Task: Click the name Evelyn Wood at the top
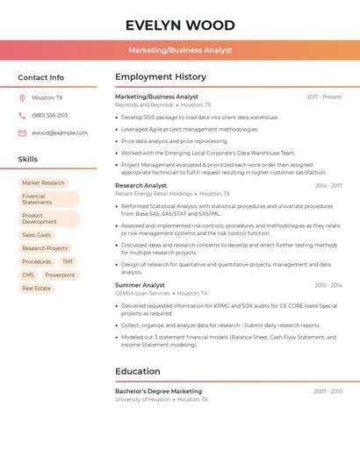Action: pos(180,25)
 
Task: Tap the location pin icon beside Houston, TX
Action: pos(22,97)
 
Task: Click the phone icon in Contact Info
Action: pos(22,115)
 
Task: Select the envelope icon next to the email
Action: pos(22,133)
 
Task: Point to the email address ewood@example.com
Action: pos(60,133)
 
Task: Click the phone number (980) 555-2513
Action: pos(50,115)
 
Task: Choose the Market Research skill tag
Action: pos(43,182)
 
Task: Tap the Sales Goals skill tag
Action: pos(37,235)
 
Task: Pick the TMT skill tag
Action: pos(68,261)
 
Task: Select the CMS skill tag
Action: pos(28,275)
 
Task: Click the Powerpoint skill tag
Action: pos(60,275)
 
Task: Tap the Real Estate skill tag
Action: pos(37,288)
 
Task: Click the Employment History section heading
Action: pos(161,77)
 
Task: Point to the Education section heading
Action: pos(137,371)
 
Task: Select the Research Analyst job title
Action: pos(140,186)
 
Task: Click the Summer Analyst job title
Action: pos(140,285)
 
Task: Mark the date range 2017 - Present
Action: pos(324,97)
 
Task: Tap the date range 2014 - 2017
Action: pos(328,186)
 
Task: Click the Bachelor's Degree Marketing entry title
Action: pos(158,391)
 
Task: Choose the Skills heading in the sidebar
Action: pos(28,159)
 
